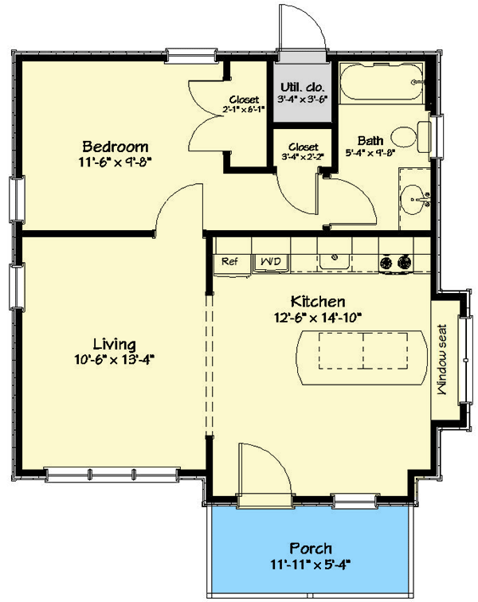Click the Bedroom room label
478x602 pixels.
click(116, 147)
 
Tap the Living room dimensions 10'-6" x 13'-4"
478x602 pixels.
click(114, 358)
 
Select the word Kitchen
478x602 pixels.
click(317, 302)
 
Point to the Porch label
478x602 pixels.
click(311, 549)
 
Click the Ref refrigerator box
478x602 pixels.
click(229, 261)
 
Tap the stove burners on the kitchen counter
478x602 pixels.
click(396, 260)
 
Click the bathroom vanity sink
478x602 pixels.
click(413, 193)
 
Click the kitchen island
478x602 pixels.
click(362, 351)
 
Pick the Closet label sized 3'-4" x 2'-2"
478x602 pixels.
click(303, 152)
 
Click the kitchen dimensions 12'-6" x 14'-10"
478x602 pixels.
click(316, 317)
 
